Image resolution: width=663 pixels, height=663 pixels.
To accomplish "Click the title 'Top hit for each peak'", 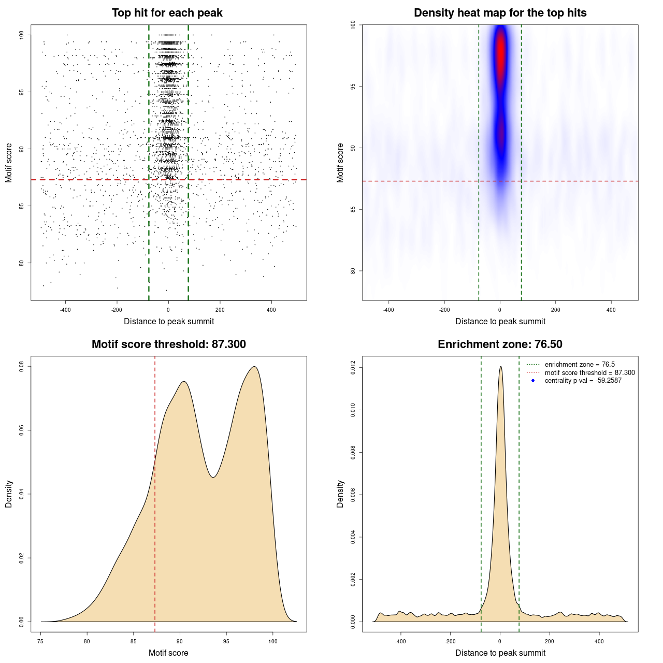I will [x=167, y=13].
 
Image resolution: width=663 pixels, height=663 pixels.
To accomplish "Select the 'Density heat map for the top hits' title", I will [x=500, y=13].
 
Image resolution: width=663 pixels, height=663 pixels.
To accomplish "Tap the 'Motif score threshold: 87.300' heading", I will [x=168, y=344].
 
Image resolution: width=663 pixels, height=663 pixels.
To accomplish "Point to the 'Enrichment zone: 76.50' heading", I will [x=500, y=344].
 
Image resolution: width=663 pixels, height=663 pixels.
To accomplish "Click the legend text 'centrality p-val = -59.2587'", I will [x=583, y=381].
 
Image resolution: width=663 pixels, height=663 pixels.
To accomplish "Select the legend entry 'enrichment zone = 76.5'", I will [x=580, y=365].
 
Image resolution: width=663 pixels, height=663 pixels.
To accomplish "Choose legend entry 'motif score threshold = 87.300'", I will [x=589, y=373].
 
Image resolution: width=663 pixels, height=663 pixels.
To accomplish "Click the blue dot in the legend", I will [x=533, y=381].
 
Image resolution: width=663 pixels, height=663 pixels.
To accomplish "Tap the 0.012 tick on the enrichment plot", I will [x=353, y=368].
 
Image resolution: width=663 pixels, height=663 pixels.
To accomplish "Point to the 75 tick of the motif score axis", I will [x=41, y=641].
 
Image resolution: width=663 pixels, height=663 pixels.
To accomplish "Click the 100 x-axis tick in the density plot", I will [x=273, y=641].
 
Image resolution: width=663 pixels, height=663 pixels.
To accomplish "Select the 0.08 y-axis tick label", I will [x=21, y=367].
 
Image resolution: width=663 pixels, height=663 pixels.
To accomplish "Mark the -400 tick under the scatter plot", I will [x=65, y=310].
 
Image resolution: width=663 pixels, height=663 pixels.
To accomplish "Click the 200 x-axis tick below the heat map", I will [x=556, y=310].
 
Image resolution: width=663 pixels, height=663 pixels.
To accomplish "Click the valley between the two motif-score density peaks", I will [x=213, y=477].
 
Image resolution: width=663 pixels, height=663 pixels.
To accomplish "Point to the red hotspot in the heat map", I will [x=500, y=52].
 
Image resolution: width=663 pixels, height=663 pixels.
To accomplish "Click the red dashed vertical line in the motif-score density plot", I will [x=155, y=518].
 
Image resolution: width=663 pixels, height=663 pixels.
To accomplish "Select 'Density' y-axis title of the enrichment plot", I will [x=340, y=494].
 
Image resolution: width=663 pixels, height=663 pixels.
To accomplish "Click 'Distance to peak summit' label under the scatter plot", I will [x=169, y=322].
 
